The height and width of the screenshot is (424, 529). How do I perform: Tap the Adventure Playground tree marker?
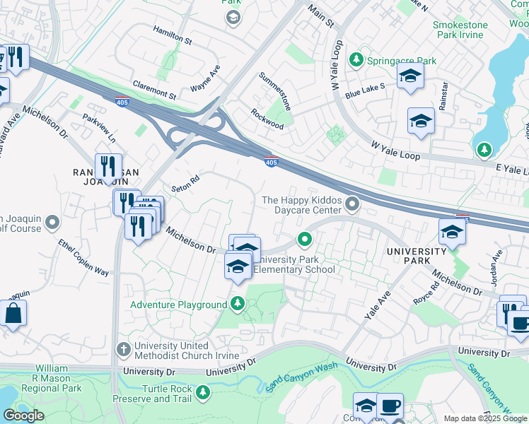(238, 305)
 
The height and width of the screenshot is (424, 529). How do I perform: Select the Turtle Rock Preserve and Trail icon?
(204, 391)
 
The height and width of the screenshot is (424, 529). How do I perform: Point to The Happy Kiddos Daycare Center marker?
(352, 205)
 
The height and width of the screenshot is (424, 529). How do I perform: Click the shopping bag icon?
(13, 313)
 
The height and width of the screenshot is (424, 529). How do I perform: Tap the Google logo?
(23, 415)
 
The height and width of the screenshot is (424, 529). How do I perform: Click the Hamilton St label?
(173, 36)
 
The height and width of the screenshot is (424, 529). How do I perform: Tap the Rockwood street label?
(267, 119)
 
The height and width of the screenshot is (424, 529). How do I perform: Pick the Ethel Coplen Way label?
(83, 261)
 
